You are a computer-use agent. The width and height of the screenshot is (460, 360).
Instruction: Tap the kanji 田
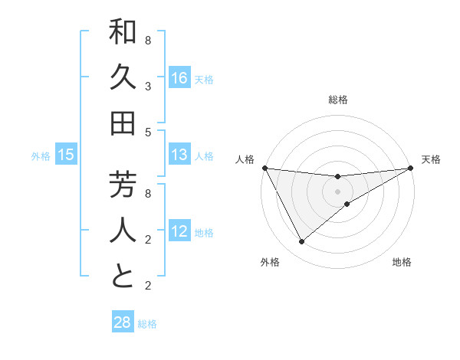click(x=123, y=123)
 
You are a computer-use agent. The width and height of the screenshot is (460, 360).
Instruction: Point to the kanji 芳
click(x=123, y=186)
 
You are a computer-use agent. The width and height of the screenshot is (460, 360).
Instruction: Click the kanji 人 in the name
click(x=123, y=231)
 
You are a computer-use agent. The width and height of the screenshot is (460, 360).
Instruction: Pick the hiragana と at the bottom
click(x=123, y=277)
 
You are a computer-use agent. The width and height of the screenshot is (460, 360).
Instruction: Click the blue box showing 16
click(x=179, y=78)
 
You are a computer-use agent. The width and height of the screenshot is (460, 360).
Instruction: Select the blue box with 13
click(x=179, y=155)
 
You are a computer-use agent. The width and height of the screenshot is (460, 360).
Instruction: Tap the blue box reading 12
click(x=179, y=232)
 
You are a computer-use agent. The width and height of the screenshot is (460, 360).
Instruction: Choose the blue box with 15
click(x=66, y=155)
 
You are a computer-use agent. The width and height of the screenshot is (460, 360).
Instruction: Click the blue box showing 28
click(x=123, y=322)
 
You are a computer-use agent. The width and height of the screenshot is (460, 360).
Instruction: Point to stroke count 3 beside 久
click(x=147, y=87)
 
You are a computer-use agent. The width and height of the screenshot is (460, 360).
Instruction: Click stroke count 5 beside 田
click(x=147, y=132)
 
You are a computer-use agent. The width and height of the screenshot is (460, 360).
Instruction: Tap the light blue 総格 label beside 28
click(x=147, y=324)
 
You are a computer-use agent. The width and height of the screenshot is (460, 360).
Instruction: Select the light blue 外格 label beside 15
click(x=41, y=156)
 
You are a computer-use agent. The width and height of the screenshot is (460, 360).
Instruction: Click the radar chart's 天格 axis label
click(x=431, y=159)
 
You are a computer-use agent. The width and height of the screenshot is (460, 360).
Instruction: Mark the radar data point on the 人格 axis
click(x=264, y=168)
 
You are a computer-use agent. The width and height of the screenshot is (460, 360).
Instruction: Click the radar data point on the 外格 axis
click(x=301, y=242)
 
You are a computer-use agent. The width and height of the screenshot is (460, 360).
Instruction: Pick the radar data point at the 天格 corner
click(x=411, y=168)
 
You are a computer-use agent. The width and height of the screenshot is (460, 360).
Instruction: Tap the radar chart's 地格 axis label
click(x=402, y=262)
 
